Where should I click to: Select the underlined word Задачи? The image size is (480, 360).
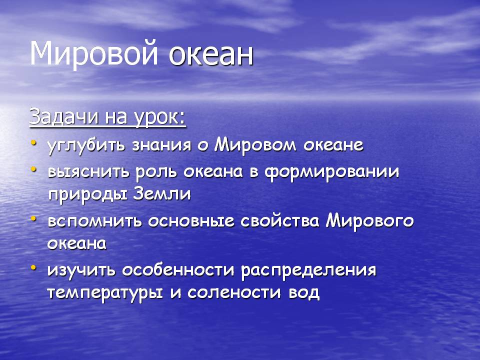coord(64,116)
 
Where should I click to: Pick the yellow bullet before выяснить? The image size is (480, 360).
coord(33,169)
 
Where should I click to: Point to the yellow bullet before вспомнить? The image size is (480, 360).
coord(33,219)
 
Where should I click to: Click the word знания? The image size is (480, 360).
coord(161,145)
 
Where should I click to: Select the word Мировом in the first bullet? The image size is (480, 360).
coord(255,145)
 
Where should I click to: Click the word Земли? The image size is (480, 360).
coord(162,194)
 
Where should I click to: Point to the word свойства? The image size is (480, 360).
coord(280,221)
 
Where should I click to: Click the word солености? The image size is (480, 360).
coord(234,293)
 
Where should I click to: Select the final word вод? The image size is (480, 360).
coord(304,293)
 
